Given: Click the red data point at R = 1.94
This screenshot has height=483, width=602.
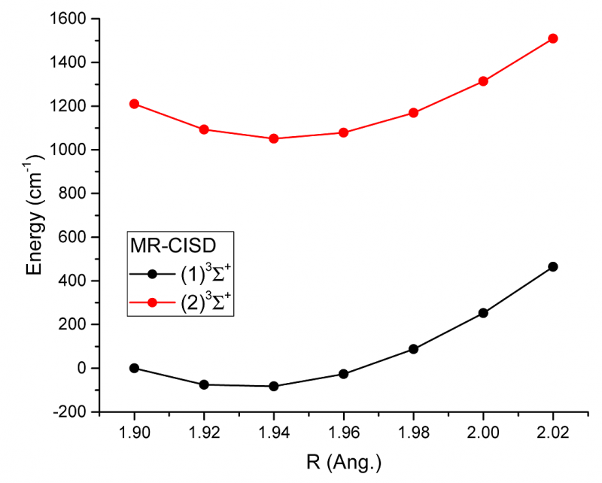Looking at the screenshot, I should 274,138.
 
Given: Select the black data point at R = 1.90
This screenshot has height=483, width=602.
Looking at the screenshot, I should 134,368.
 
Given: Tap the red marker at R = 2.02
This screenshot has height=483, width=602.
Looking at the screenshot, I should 553,38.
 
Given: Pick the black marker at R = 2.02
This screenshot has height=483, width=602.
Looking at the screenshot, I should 553,266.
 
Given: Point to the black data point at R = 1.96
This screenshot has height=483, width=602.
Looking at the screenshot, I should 344,374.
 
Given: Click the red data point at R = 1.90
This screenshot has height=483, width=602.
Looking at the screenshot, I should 134,104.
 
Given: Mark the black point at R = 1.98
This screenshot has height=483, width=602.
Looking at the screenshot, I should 413,349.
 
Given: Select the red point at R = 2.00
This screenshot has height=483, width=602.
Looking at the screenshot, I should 483,81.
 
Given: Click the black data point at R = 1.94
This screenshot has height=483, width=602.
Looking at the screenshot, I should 274,386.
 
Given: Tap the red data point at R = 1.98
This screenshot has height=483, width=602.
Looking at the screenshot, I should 413,113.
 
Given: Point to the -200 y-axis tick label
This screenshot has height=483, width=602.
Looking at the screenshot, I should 71,412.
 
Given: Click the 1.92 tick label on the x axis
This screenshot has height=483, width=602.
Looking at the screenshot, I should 204,433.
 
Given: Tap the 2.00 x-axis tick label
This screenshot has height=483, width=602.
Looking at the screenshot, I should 483,433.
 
